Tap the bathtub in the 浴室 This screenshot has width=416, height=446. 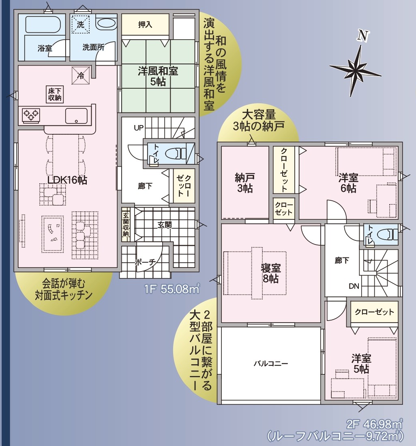coord(43,24)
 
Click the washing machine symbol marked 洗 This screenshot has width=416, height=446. coord(80,25)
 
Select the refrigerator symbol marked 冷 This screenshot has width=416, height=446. coord(81,76)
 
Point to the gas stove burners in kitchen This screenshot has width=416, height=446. coord(31,115)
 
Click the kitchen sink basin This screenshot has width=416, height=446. coord(76,116)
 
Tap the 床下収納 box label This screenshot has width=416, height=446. coord(54,94)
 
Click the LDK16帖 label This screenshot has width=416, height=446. coord(67,180)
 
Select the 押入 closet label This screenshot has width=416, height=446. coord(145,25)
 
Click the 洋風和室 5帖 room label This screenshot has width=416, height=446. coord(158,76)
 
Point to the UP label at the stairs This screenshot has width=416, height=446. coord(139,128)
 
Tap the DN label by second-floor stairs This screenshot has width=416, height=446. coord(354,286)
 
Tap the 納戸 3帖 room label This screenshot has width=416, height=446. coord(245,183)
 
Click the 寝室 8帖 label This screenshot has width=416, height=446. coord(271,273)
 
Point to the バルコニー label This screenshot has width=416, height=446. coord(271,363)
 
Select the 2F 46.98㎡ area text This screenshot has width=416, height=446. coord(374,425)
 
